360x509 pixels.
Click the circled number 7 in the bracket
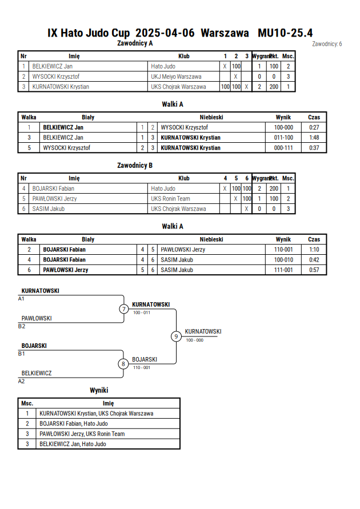point(123,308)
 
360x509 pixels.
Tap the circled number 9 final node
point(176,336)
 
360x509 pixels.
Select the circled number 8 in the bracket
point(123,364)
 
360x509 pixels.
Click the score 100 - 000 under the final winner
point(195,340)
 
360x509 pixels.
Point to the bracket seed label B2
point(21,326)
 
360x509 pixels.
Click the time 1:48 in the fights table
point(314,137)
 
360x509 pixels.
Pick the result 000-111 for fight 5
point(283,148)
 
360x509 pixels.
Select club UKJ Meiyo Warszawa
point(176,77)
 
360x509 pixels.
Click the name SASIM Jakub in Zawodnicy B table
point(49,209)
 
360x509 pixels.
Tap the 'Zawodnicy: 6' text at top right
point(327,44)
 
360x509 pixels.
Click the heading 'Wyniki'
point(99,390)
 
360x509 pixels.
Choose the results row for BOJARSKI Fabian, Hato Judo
point(74,424)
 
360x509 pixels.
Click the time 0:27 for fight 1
point(314,127)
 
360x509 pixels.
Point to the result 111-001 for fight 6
point(283,270)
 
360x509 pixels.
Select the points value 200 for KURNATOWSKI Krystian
point(274,87)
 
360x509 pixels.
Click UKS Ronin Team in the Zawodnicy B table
point(170,199)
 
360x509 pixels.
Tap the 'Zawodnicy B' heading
point(135,165)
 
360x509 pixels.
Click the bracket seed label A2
point(21,381)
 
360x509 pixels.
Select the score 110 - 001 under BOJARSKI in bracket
point(142,367)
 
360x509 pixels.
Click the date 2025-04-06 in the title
point(165,33)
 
